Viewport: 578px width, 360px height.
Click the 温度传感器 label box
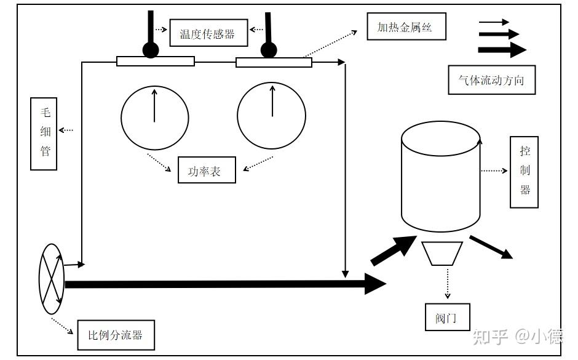(208, 33)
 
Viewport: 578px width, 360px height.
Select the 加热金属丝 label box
(406, 26)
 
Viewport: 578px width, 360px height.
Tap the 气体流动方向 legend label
(491, 80)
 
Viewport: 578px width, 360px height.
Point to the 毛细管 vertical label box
(44, 134)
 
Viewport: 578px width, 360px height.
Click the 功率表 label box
(207, 170)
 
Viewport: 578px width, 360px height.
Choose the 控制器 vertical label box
(524, 172)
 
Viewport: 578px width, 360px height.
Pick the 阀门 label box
(447, 317)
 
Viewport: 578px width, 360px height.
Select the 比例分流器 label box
(116, 335)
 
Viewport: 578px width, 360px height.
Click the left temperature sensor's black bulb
(151, 50)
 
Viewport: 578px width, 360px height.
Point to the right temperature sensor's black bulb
(269, 50)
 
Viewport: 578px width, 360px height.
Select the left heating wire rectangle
(156, 61)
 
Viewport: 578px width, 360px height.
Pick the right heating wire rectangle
(274, 62)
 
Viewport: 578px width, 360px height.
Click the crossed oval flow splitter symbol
(52, 279)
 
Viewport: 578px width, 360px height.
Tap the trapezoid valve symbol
(442, 254)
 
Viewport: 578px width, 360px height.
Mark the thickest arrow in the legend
(502, 49)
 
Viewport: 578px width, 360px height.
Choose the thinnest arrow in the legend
(494, 22)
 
